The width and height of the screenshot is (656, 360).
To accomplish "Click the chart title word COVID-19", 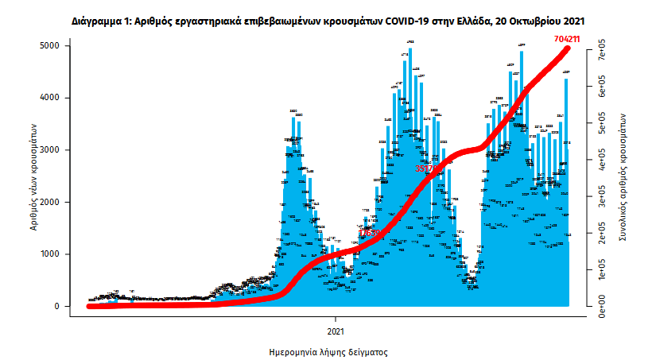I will pos(406,17).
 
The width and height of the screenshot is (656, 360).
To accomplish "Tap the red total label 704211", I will pos(571,38).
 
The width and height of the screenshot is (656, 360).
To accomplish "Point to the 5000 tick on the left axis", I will pos(49,46).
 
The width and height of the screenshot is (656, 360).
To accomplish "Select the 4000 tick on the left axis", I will pos(49,98).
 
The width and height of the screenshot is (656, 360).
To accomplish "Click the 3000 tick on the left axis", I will pos(49,150).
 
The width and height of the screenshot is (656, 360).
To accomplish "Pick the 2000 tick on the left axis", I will pos(49,202).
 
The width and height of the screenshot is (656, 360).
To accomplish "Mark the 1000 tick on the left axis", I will pos(49,254).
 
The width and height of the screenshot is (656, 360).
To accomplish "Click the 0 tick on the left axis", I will pos(56,306).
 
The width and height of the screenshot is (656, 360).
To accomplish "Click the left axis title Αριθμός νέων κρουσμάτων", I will pos(34,176).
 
